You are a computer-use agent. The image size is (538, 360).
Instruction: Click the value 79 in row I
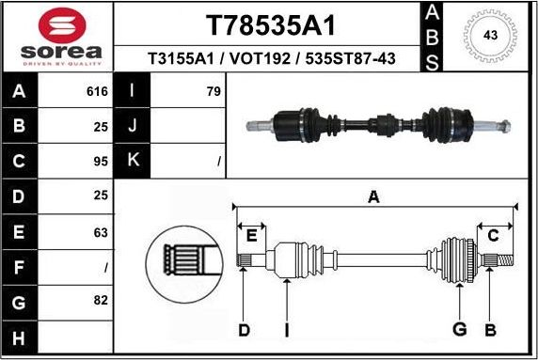click(x=213, y=91)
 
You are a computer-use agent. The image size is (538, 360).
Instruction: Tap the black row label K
click(x=132, y=161)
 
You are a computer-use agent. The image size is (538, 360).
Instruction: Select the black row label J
click(x=132, y=126)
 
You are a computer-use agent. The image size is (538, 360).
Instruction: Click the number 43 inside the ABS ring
click(x=489, y=36)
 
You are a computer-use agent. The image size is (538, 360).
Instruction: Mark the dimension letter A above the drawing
click(x=373, y=196)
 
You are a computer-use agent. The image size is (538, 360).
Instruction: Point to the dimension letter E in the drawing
click(x=250, y=235)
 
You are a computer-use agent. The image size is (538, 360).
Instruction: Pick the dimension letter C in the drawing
click(x=493, y=235)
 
